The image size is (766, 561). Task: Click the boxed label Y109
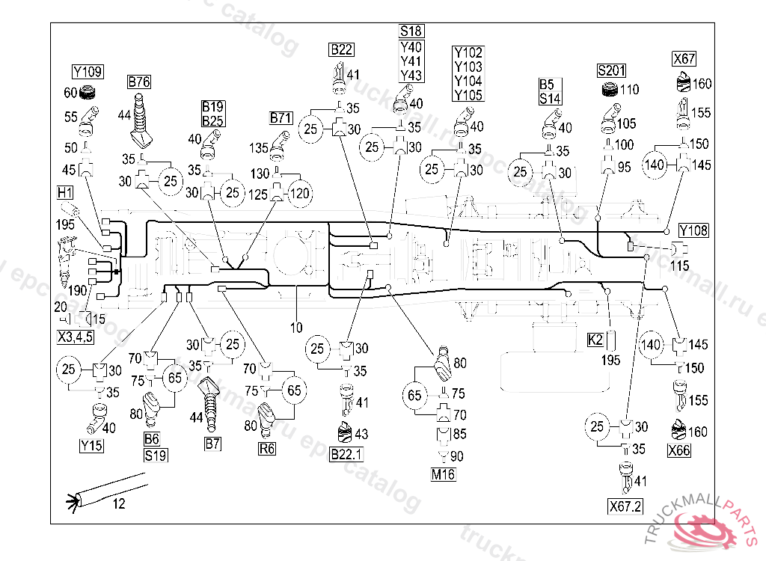88,73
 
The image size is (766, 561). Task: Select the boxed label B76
139,82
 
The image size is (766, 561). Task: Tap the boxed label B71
282,118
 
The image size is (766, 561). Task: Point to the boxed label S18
411,31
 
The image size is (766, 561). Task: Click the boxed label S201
613,71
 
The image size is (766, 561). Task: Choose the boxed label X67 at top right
684,58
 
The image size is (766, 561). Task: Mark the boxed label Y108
693,230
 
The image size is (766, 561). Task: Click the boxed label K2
595,340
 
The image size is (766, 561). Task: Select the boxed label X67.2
625,506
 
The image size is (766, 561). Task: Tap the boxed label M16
443,474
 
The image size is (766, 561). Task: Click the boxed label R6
266,450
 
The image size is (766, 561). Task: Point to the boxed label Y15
91,447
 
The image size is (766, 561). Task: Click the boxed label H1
65,193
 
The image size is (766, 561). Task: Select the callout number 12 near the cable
119,504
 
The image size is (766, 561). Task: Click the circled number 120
299,193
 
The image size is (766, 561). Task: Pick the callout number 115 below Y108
679,266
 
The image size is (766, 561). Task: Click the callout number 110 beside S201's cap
629,91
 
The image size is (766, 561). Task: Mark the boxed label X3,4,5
75,336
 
